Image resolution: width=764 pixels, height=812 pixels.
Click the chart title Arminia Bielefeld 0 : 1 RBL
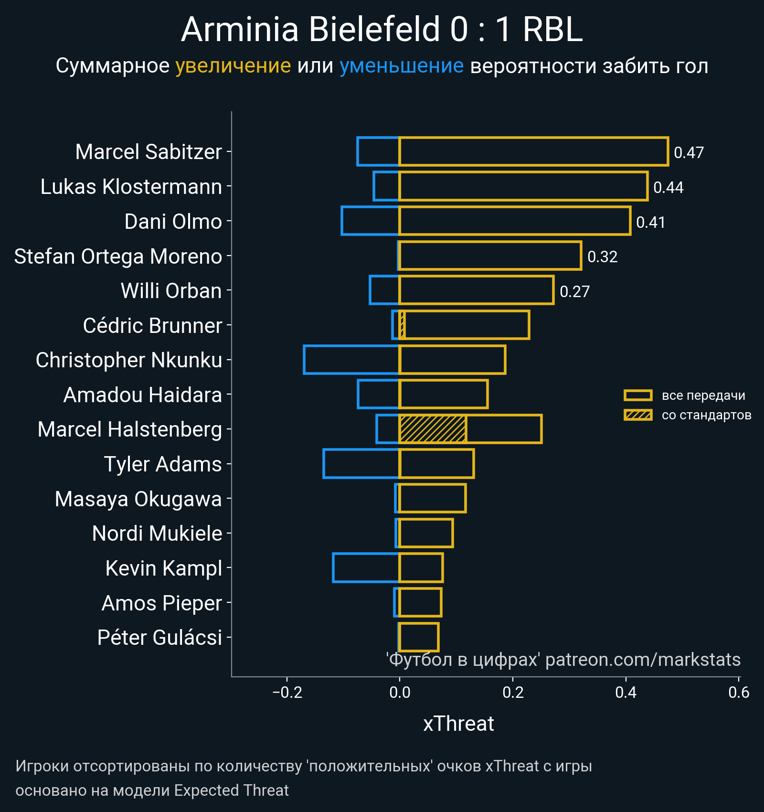(x=382, y=30)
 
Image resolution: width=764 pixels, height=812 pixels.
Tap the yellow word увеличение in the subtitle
(x=233, y=66)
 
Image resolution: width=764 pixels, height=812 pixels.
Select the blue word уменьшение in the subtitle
(x=401, y=66)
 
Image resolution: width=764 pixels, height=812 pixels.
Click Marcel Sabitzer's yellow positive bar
(x=533, y=151)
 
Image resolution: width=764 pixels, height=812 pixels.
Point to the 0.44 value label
(x=668, y=187)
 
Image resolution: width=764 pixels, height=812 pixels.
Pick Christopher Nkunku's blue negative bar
(x=351, y=360)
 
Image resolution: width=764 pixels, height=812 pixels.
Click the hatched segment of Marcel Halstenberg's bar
(x=433, y=429)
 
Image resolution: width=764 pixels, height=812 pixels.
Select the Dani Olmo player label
(x=173, y=222)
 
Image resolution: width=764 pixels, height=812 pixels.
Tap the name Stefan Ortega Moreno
(x=118, y=256)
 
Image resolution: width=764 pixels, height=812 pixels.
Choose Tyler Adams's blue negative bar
(x=361, y=464)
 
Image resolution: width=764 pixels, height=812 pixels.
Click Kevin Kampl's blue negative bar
(x=366, y=568)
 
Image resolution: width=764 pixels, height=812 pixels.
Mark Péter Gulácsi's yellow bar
(x=419, y=637)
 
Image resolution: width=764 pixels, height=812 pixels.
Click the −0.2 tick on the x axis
(x=287, y=692)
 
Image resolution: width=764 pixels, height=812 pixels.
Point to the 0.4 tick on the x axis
(x=626, y=692)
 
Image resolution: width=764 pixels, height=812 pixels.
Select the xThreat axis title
(x=458, y=724)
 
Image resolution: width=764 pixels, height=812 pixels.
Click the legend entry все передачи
(x=703, y=395)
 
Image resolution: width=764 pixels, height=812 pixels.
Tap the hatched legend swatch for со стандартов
(x=638, y=415)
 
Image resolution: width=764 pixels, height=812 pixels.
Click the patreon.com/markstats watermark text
(x=643, y=660)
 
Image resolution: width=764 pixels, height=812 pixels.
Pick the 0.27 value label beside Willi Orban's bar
(x=574, y=291)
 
